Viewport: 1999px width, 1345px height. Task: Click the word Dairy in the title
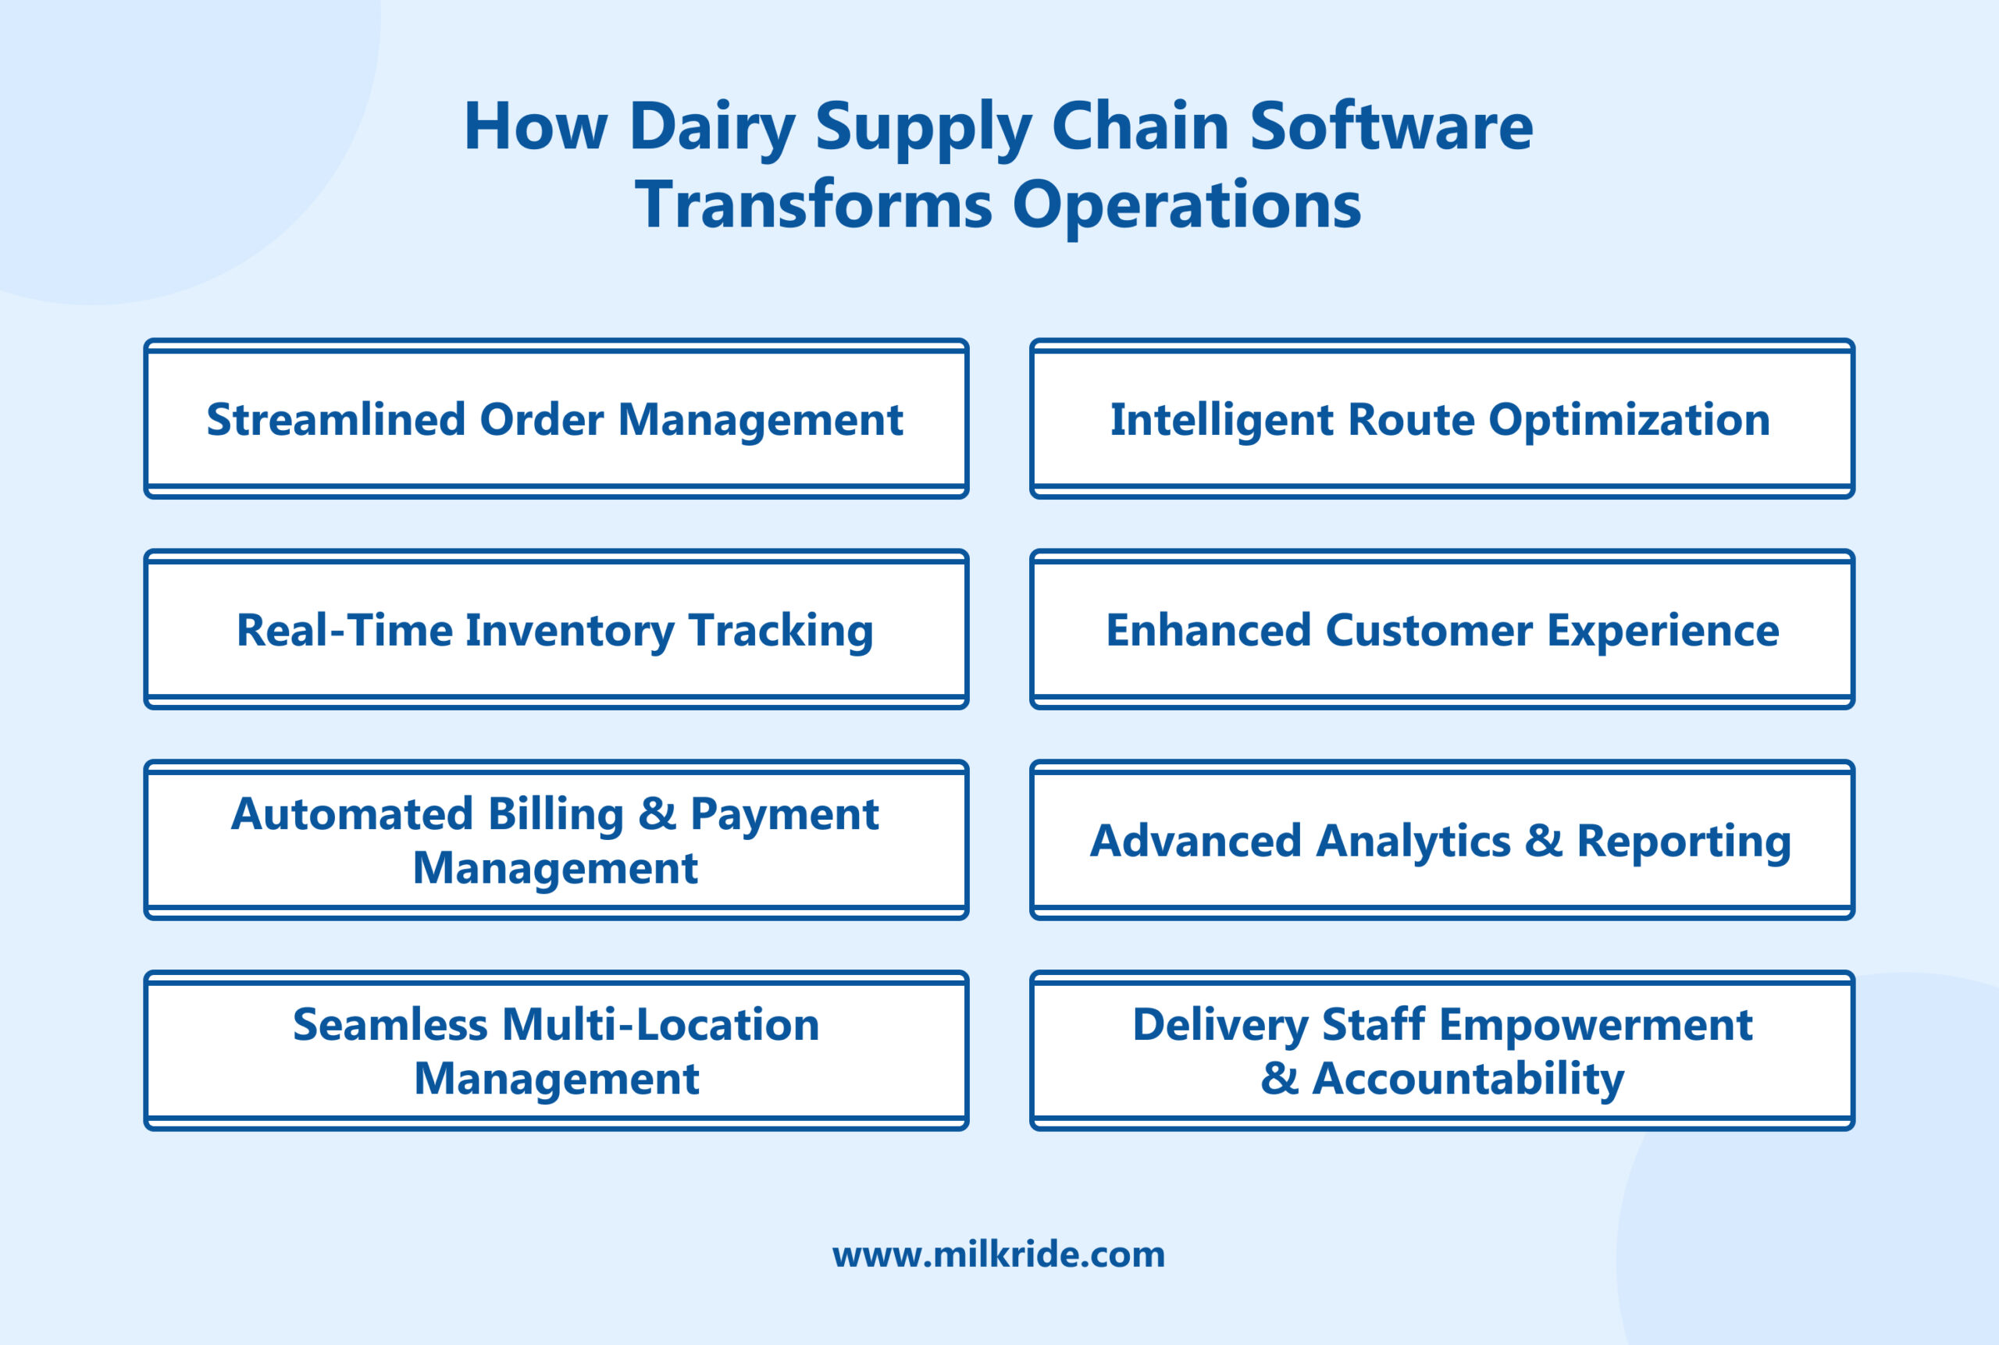tap(711, 127)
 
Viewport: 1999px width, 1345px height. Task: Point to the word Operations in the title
tap(1187, 206)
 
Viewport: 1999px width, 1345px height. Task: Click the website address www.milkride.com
tap(999, 1254)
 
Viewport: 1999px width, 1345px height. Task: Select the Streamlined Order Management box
tap(555, 419)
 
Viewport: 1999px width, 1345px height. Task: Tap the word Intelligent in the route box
tap(1222, 420)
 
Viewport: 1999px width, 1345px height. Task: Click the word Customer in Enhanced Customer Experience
tap(1428, 631)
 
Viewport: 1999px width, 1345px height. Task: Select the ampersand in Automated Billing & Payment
tap(657, 813)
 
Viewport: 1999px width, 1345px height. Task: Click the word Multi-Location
tap(660, 1025)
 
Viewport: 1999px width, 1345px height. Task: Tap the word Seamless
tap(390, 1025)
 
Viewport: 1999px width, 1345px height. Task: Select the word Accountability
tap(1467, 1079)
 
